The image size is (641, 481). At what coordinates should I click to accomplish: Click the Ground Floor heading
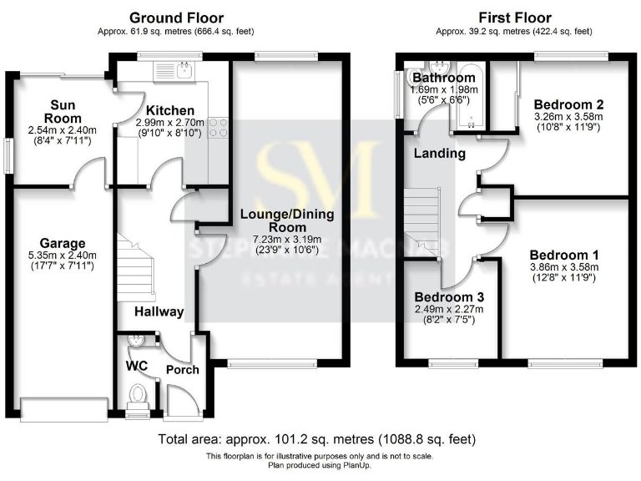(x=176, y=18)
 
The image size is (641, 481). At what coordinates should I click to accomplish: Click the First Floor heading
(x=513, y=18)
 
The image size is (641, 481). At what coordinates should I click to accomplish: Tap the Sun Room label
(x=61, y=112)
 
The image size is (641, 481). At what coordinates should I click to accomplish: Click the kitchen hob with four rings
(x=217, y=127)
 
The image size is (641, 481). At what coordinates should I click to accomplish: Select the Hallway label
(x=159, y=311)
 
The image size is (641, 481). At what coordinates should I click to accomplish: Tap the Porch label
(x=182, y=369)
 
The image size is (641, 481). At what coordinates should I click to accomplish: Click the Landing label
(x=439, y=154)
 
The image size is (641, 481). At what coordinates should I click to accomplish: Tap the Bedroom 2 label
(x=568, y=104)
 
